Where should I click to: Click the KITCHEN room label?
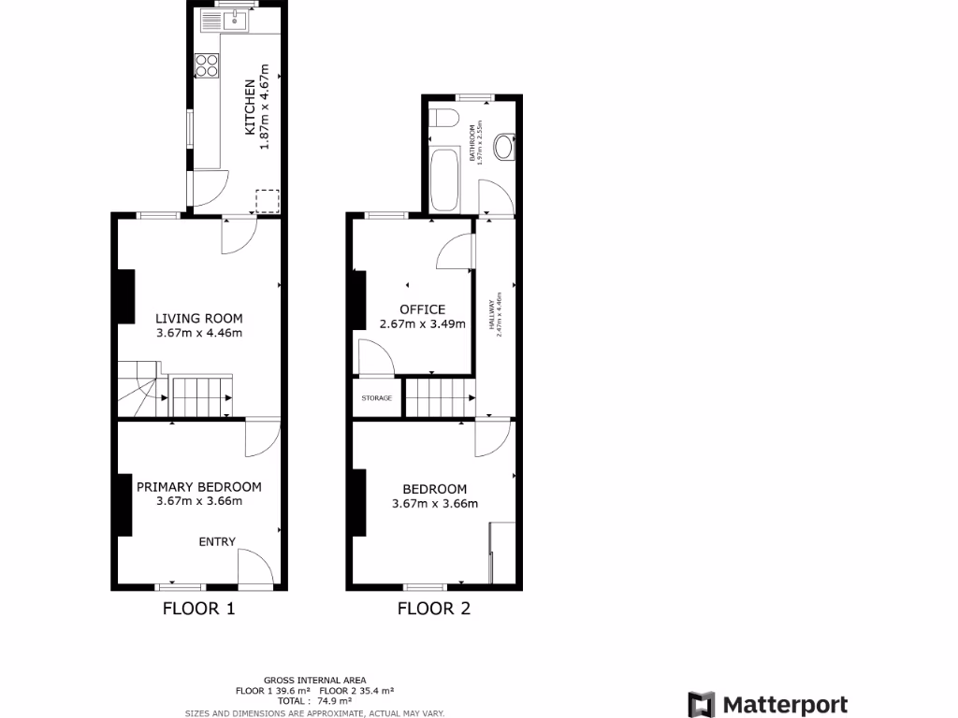pos(250,108)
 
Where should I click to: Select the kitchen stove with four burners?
pos(206,65)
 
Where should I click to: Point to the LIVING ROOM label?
pos(199,318)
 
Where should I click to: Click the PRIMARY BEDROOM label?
pos(199,486)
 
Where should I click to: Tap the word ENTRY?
pos(217,541)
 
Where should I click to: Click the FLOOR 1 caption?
pos(198,610)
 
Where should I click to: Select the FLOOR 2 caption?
pos(434,610)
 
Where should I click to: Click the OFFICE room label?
pos(422,309)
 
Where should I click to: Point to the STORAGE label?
pos(377,398)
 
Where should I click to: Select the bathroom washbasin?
pos(503,147)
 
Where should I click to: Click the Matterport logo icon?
pos(701,705)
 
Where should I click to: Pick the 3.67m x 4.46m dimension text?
pos(199,332)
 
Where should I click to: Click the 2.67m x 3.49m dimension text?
pos(422,323)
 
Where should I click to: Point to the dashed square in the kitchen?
pos(268,201)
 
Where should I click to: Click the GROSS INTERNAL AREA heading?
pos(315,680)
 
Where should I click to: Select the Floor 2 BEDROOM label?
pos(434,489)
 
